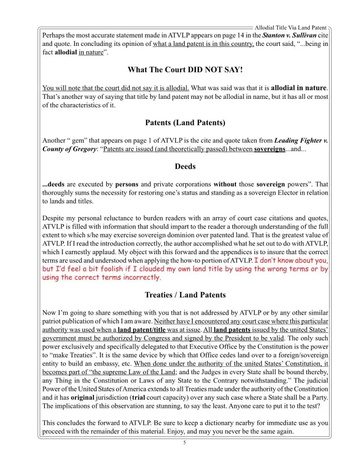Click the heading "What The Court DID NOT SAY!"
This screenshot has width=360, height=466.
click(185, 70)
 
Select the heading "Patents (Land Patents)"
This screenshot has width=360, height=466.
click(185, 123)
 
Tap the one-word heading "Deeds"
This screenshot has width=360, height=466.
click(185, 166)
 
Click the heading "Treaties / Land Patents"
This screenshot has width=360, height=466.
click(185, 295)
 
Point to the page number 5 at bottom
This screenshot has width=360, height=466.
click(184, 443)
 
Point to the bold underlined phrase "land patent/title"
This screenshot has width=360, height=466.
click(142, 330)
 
